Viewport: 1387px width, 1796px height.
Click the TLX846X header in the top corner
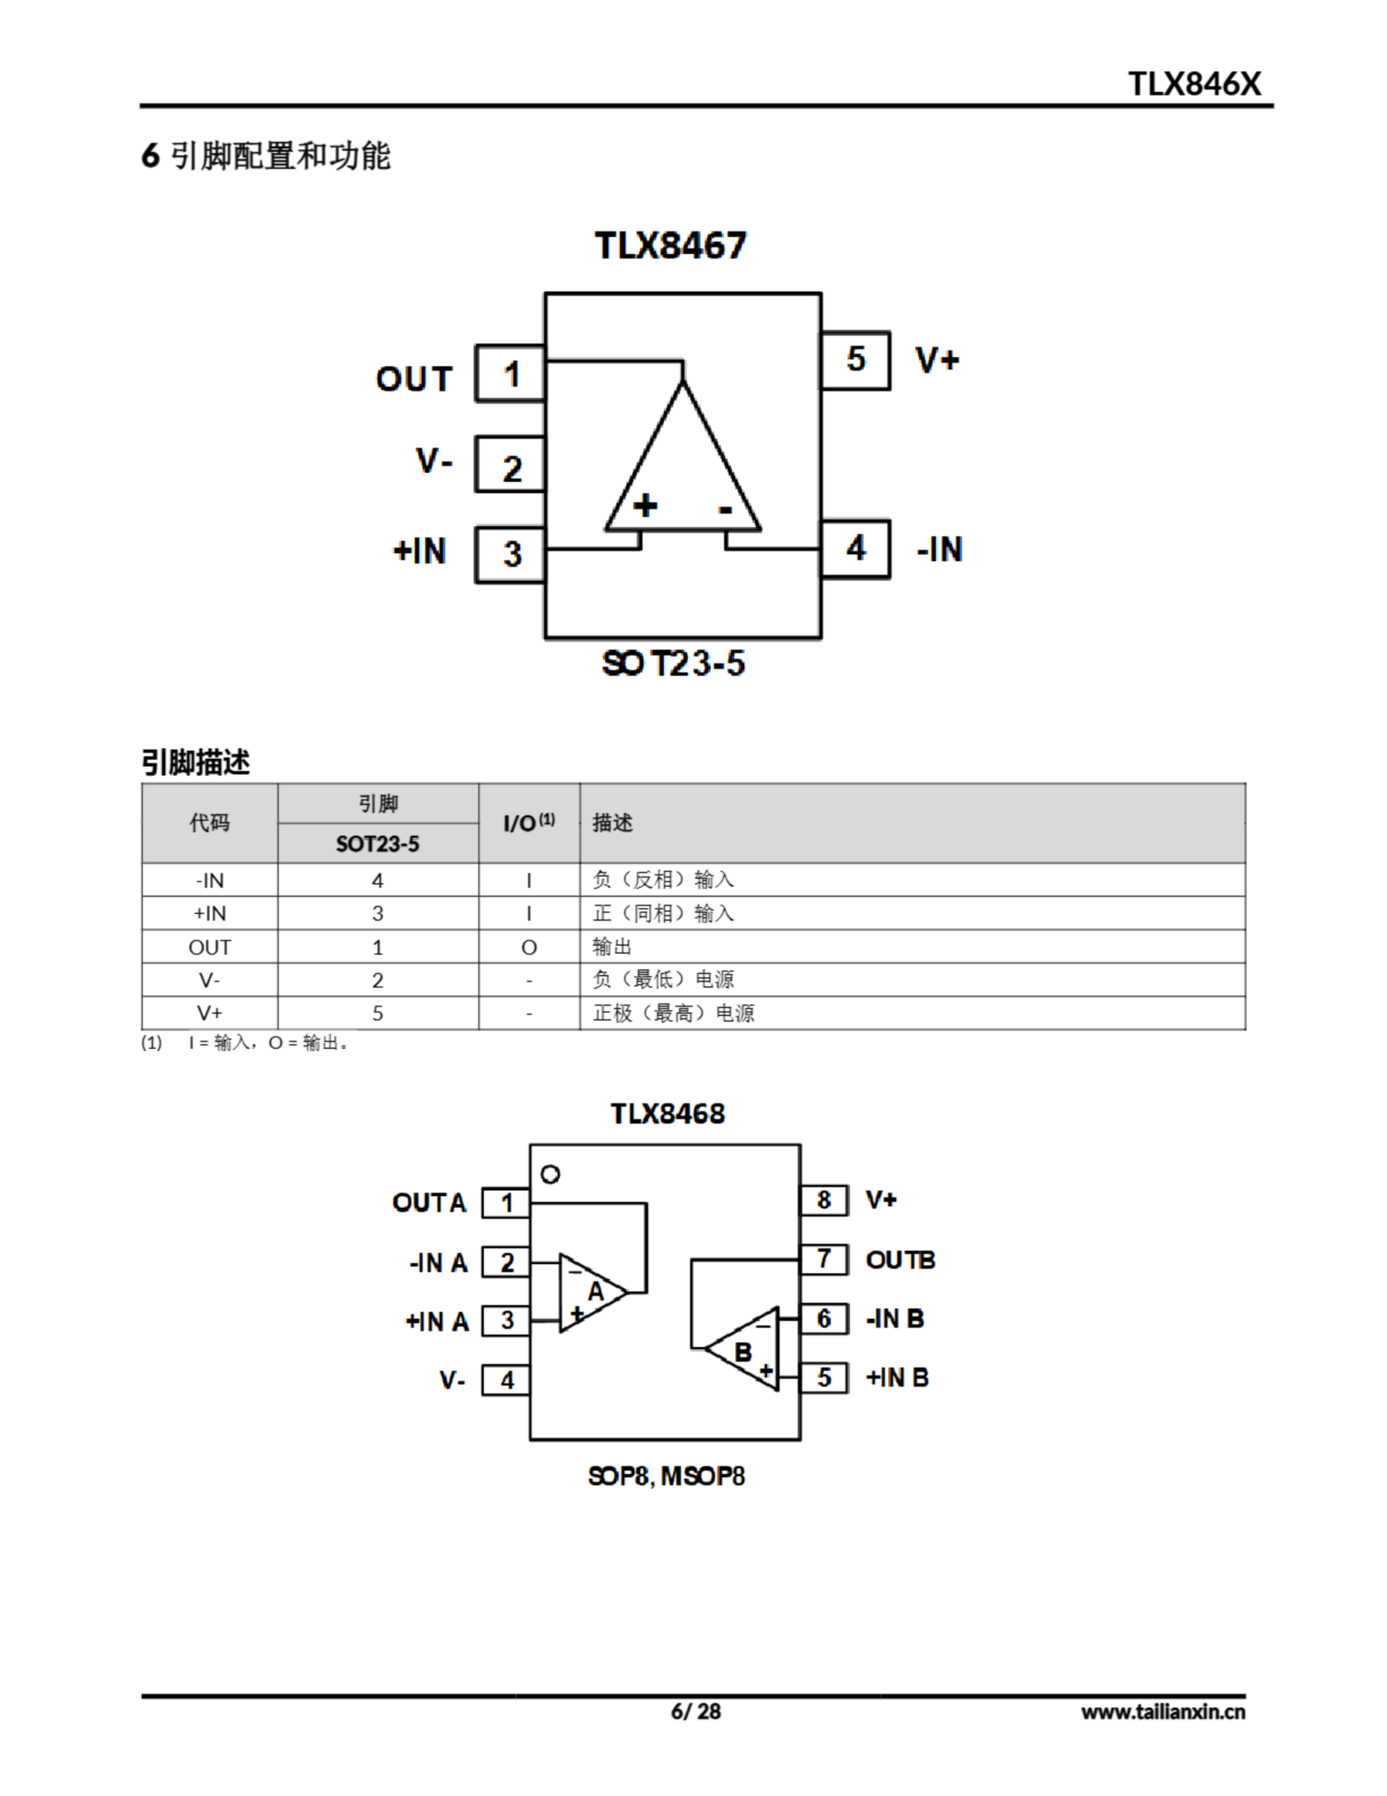click(x=1193, y=84)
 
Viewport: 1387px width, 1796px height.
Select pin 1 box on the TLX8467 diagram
click(x=510, y=374)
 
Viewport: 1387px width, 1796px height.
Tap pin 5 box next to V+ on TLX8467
click(x=856, y=359)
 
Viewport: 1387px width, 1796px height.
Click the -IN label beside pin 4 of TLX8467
click(x=940, y=549)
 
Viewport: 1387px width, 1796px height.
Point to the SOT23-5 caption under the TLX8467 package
click(x=673, y=664)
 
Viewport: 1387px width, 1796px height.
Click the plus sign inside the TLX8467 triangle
click(x=645, y=505)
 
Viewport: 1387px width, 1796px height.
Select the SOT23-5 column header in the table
click(x=377, y=844)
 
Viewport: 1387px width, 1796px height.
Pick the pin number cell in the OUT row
click(x=377, y=947)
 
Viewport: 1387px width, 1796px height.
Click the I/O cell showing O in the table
click(x=529, y=947)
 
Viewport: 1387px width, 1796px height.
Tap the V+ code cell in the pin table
click(x=210, y=1013)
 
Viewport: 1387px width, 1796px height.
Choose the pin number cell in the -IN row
click(x=377, y=880)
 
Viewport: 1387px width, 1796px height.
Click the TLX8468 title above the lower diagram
click(x=668, y=1113)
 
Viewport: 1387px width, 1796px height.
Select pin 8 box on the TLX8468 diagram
click(x=824, y=1200)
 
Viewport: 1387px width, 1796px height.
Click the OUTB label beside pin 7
click(x=900, y=1260)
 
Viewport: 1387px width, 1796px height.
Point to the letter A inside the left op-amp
click(x=596, y=1291)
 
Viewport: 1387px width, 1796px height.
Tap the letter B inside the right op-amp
click(x=743, y=1352)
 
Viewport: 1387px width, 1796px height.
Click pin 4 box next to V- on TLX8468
click(x=506, y=1380)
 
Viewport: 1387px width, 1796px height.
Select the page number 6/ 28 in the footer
click(x=696, y=1711)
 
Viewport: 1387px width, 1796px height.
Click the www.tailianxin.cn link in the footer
click(x=1163, y=1712)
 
